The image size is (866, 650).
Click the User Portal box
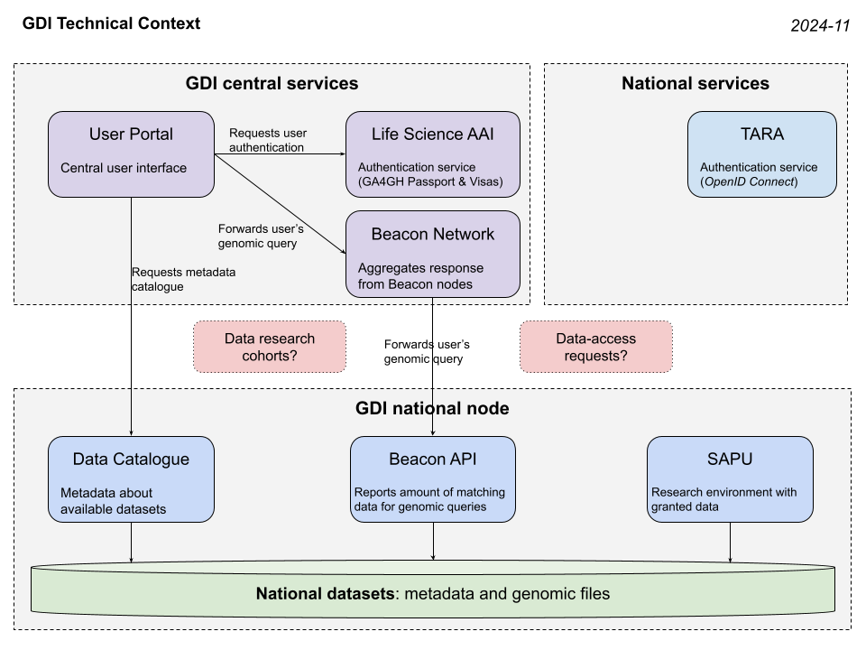[x=132, y=154]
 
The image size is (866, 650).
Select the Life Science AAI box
[x=433, y=154]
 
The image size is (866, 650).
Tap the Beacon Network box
[x=433, y=254]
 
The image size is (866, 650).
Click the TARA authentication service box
[x=762, y=154]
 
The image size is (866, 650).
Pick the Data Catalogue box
[x=132, y=478]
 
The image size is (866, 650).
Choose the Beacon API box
[x=433, y=478]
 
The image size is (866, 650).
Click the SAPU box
[x=730, y=478]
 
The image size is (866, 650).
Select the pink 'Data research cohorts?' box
[x=270, y=347]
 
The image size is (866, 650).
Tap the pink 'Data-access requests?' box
[x=595, y=347]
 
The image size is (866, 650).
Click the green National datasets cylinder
[x=433, y=594]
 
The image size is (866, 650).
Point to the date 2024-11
[x=820, y=26]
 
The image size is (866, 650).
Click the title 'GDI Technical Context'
[x=111, y=23]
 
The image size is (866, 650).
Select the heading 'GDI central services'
[x=272, y=84]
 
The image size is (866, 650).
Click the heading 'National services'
[x=696, y=84]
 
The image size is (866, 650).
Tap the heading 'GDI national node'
[x=432, y=409]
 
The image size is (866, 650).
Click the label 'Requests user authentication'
[x=267, y=140]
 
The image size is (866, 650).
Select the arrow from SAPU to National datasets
[x=730, y=543]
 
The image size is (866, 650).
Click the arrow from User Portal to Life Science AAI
[x=280, y=154]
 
